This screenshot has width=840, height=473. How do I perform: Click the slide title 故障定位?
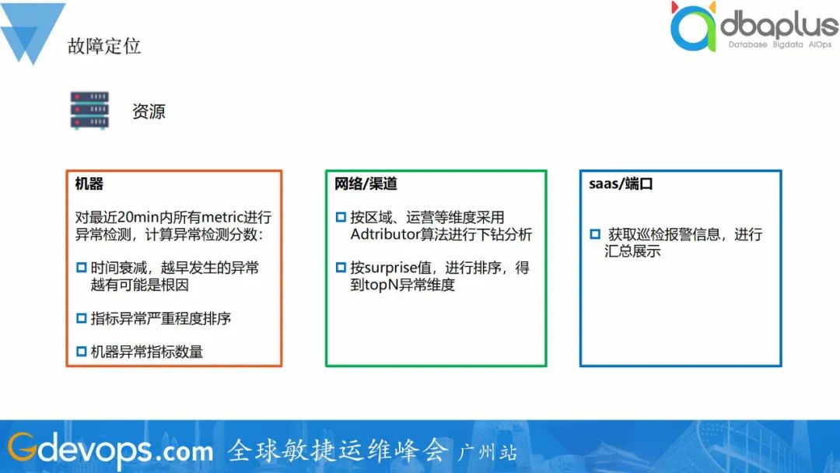pyautogui.click(x=104, y=46)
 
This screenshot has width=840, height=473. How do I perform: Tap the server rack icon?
pyautogui.click(x=89, y=110)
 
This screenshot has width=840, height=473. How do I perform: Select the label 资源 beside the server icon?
pyautogui.click(x=149, y=111)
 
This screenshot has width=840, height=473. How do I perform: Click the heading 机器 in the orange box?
pyautogui.click(x=89, y=184)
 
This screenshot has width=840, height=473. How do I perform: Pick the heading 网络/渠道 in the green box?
pyautogui.click(x=366, y=184)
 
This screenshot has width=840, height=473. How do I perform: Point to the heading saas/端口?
pyautogui.click(x=621, y=184)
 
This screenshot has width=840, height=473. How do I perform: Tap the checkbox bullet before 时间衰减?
pyautogui.click(x=82, y=268)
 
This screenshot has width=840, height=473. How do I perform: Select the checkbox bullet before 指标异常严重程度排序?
pyautogui.click(x=82, y=318)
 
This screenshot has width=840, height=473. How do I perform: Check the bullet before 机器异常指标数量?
pyautogui.click(x=82, y=352)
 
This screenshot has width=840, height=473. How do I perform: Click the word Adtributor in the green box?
pyautogui.click(x=384, y=234)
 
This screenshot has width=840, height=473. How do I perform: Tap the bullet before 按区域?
pyautogui.click(x=341, y=217)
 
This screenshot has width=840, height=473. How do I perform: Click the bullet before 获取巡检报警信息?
pyautogui.click(x=595, y=234)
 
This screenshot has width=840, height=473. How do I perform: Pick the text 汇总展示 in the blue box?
pyautogui.click(x=632, y=251)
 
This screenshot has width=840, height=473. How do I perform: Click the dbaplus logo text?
pyautogui.click(x=779, y=26)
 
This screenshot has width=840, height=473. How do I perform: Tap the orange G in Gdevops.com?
pyautogui.click(x=22, y=447)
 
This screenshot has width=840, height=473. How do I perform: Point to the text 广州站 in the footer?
pyautogui.click(x=487, y=453)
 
